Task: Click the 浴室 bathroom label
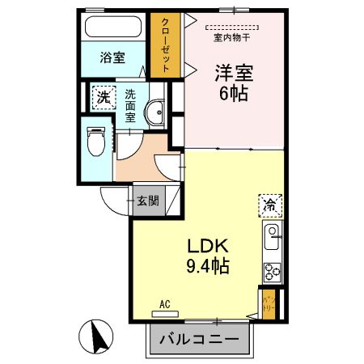[112, 57]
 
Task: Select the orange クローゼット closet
[166, 45]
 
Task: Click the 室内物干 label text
[231, 36]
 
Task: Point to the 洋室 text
[235, 72]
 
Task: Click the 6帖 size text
[234, 92]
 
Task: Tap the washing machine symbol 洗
[103, 97]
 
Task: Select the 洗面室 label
[129, 106]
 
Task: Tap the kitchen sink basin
[272, 239]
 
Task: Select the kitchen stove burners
[271, 272]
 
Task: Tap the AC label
[165, 304]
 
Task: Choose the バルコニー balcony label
[197, 338]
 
